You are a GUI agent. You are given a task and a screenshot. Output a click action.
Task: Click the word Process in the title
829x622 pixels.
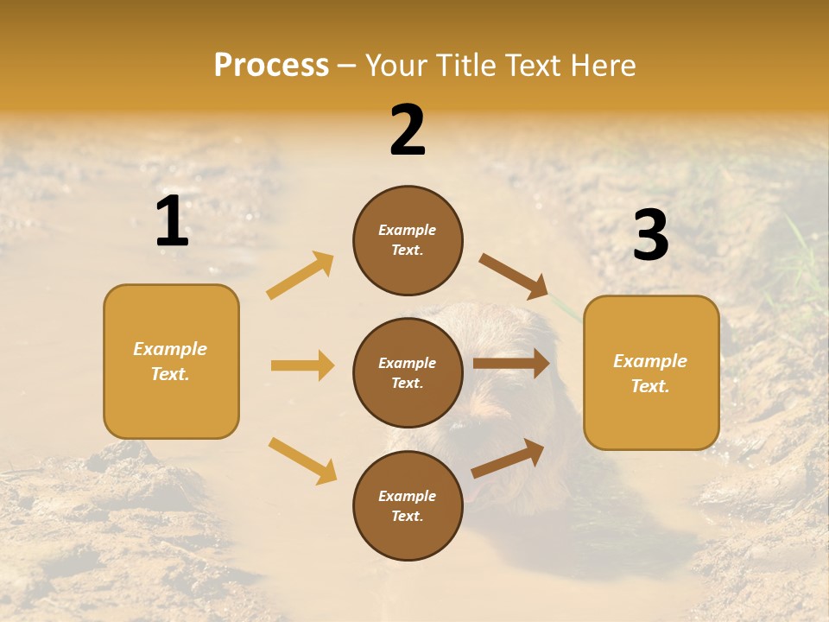[x=271, y=66]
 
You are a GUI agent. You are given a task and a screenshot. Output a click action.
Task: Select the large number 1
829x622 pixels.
[x=172, y=222]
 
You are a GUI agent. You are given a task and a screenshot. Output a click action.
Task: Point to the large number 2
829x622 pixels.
[x=408, y=130]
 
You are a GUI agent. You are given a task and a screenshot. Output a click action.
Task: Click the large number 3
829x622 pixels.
[x=650, y=236]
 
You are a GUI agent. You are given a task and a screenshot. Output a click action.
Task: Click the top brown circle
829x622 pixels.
[x=408, y=240]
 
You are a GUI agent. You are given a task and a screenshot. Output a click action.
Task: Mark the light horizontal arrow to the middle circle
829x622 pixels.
[x=302, y=365]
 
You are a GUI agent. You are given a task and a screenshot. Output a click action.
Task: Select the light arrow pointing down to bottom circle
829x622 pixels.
[x=302, y=460]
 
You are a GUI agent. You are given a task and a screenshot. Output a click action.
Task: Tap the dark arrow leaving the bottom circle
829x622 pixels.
[x=509, y=459]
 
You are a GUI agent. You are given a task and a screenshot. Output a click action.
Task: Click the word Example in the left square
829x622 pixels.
[x=170, y=349]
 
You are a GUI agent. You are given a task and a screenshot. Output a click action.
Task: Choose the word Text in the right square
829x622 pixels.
[x=649, y=386]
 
